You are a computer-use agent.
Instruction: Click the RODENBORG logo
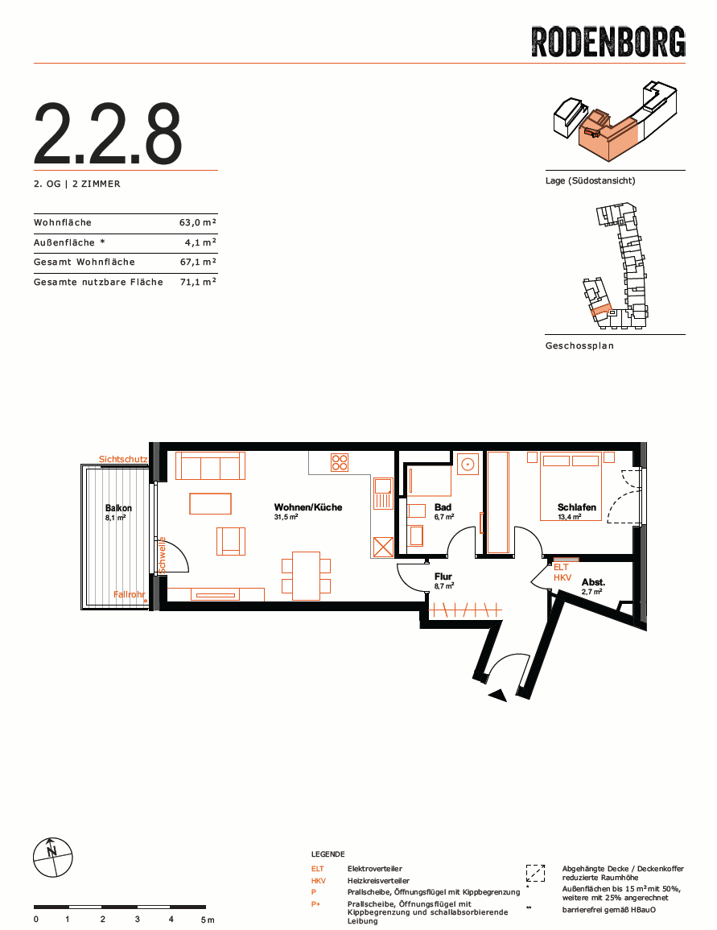point(608,42)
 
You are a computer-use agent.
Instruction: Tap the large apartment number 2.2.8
point(108,134)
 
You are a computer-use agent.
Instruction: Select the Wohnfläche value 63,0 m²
point(198,222)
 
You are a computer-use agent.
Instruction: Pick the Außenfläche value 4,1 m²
point(201,242)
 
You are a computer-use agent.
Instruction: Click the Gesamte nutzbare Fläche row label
point(98,282)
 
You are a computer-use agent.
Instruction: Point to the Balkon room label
point(118,508)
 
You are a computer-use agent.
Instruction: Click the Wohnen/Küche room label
point(308,507)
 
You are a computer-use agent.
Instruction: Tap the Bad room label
point(443,507)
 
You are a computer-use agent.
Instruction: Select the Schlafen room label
point(576,507)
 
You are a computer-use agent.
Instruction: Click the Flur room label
point(443,577)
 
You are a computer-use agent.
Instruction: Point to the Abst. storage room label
point(593,582)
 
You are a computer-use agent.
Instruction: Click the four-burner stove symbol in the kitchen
point(340,462)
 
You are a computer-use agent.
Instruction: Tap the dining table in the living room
point(307,576)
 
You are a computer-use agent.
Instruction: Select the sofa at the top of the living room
point(210,465)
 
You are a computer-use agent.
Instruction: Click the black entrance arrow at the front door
point(497,696)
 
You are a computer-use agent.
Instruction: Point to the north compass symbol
point(53,857)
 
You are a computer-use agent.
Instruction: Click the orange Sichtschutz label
point(123,459)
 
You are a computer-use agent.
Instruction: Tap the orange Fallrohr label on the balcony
point(130,594)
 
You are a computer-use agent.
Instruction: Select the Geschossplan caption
point(579,345)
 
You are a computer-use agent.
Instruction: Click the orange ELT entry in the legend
point(318,869)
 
